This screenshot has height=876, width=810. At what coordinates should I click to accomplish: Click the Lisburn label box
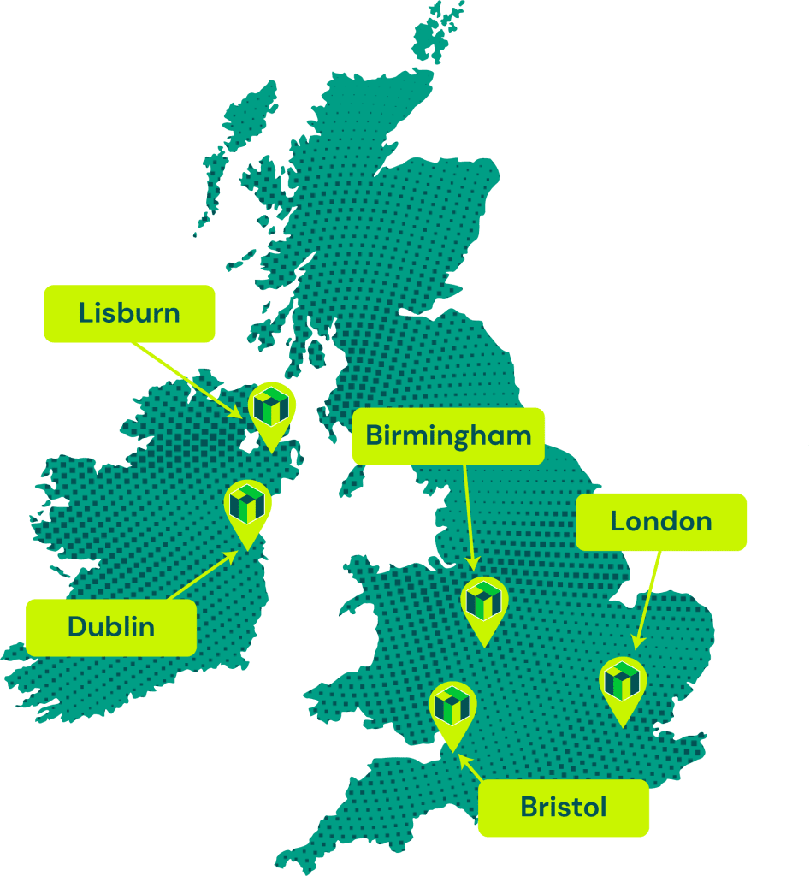pyautogui.click(x=129, y=313)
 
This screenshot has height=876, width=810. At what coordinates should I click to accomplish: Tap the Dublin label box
pyautogui.click(x=111, y=627)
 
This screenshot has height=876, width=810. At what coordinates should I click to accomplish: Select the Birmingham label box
pyautogui.click(x=448, y=435)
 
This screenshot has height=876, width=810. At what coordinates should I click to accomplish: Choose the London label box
pyautogui.click(x=661, y=521)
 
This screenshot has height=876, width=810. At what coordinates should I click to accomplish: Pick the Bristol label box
pyautogui.click(x=564, y=807)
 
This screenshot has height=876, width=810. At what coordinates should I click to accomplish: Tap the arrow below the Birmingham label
pyautogui.click(x=469, y=517)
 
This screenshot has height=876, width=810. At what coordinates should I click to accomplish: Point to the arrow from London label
pyautogui.click(x=647, y=599)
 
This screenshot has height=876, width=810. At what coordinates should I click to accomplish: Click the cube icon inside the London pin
pyautogui.click(x=623, y=679)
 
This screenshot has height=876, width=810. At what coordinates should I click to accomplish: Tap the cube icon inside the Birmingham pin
pyautogui.click(x=484, y=599)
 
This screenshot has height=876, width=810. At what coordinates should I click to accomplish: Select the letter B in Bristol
pyautogui.click(x=529, y=807)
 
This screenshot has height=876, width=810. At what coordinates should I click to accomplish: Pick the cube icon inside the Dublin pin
pyautogui.click(x=248, y=503)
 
